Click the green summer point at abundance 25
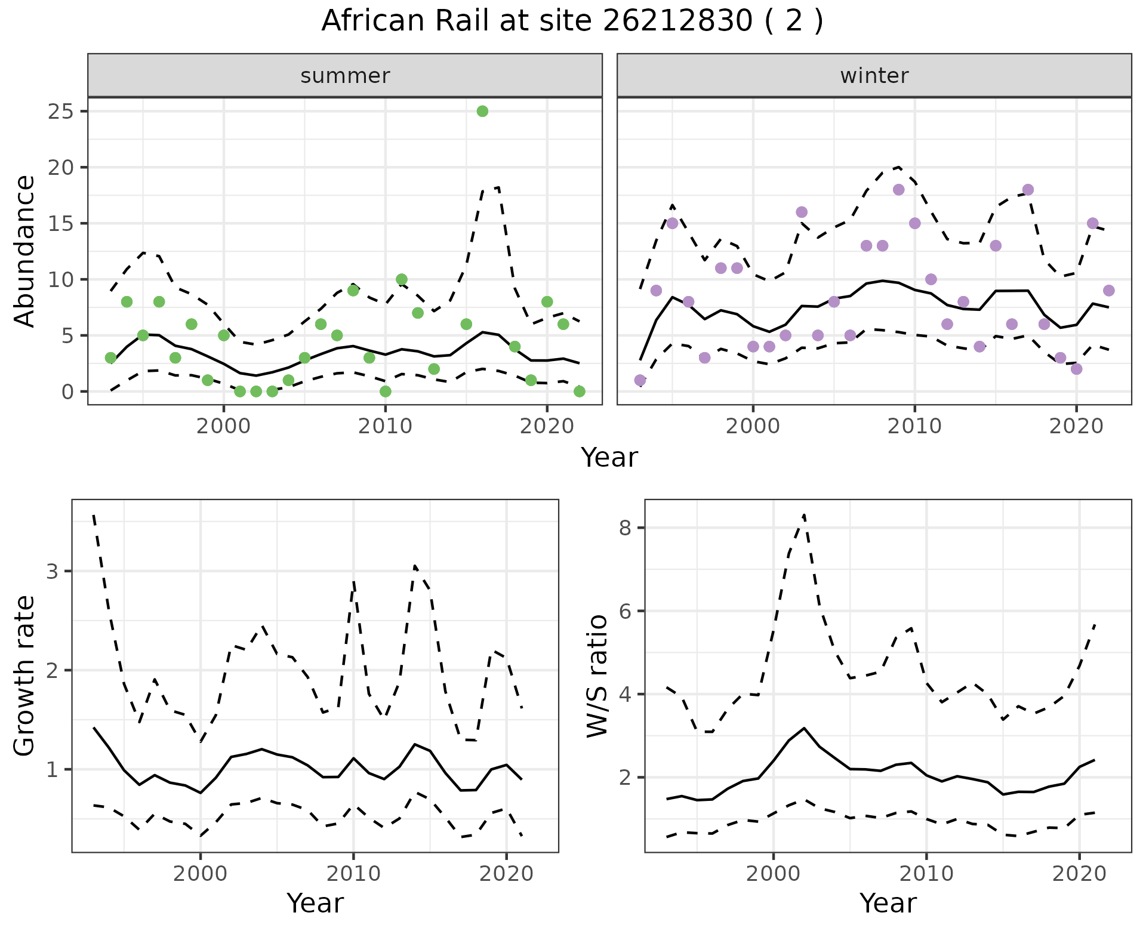point(482,111)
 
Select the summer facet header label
point(345,76)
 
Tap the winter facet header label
point(874,76)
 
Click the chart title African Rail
point(572,21)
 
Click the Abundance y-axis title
point(24,251)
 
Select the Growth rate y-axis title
point(24,676)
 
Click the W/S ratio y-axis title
point(597,676)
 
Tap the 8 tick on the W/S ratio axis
point(626,528)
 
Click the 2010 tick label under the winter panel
point(914,426)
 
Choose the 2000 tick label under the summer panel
point(224,426)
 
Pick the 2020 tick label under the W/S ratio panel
point(1079,874)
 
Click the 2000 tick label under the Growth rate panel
point(201,874)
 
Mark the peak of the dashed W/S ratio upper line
point(804,514)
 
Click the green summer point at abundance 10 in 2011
point(402,279)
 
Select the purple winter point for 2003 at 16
point(802,212)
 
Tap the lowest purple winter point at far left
point(640,380)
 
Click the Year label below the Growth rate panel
point(315,904)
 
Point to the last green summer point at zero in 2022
point(579,391)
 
